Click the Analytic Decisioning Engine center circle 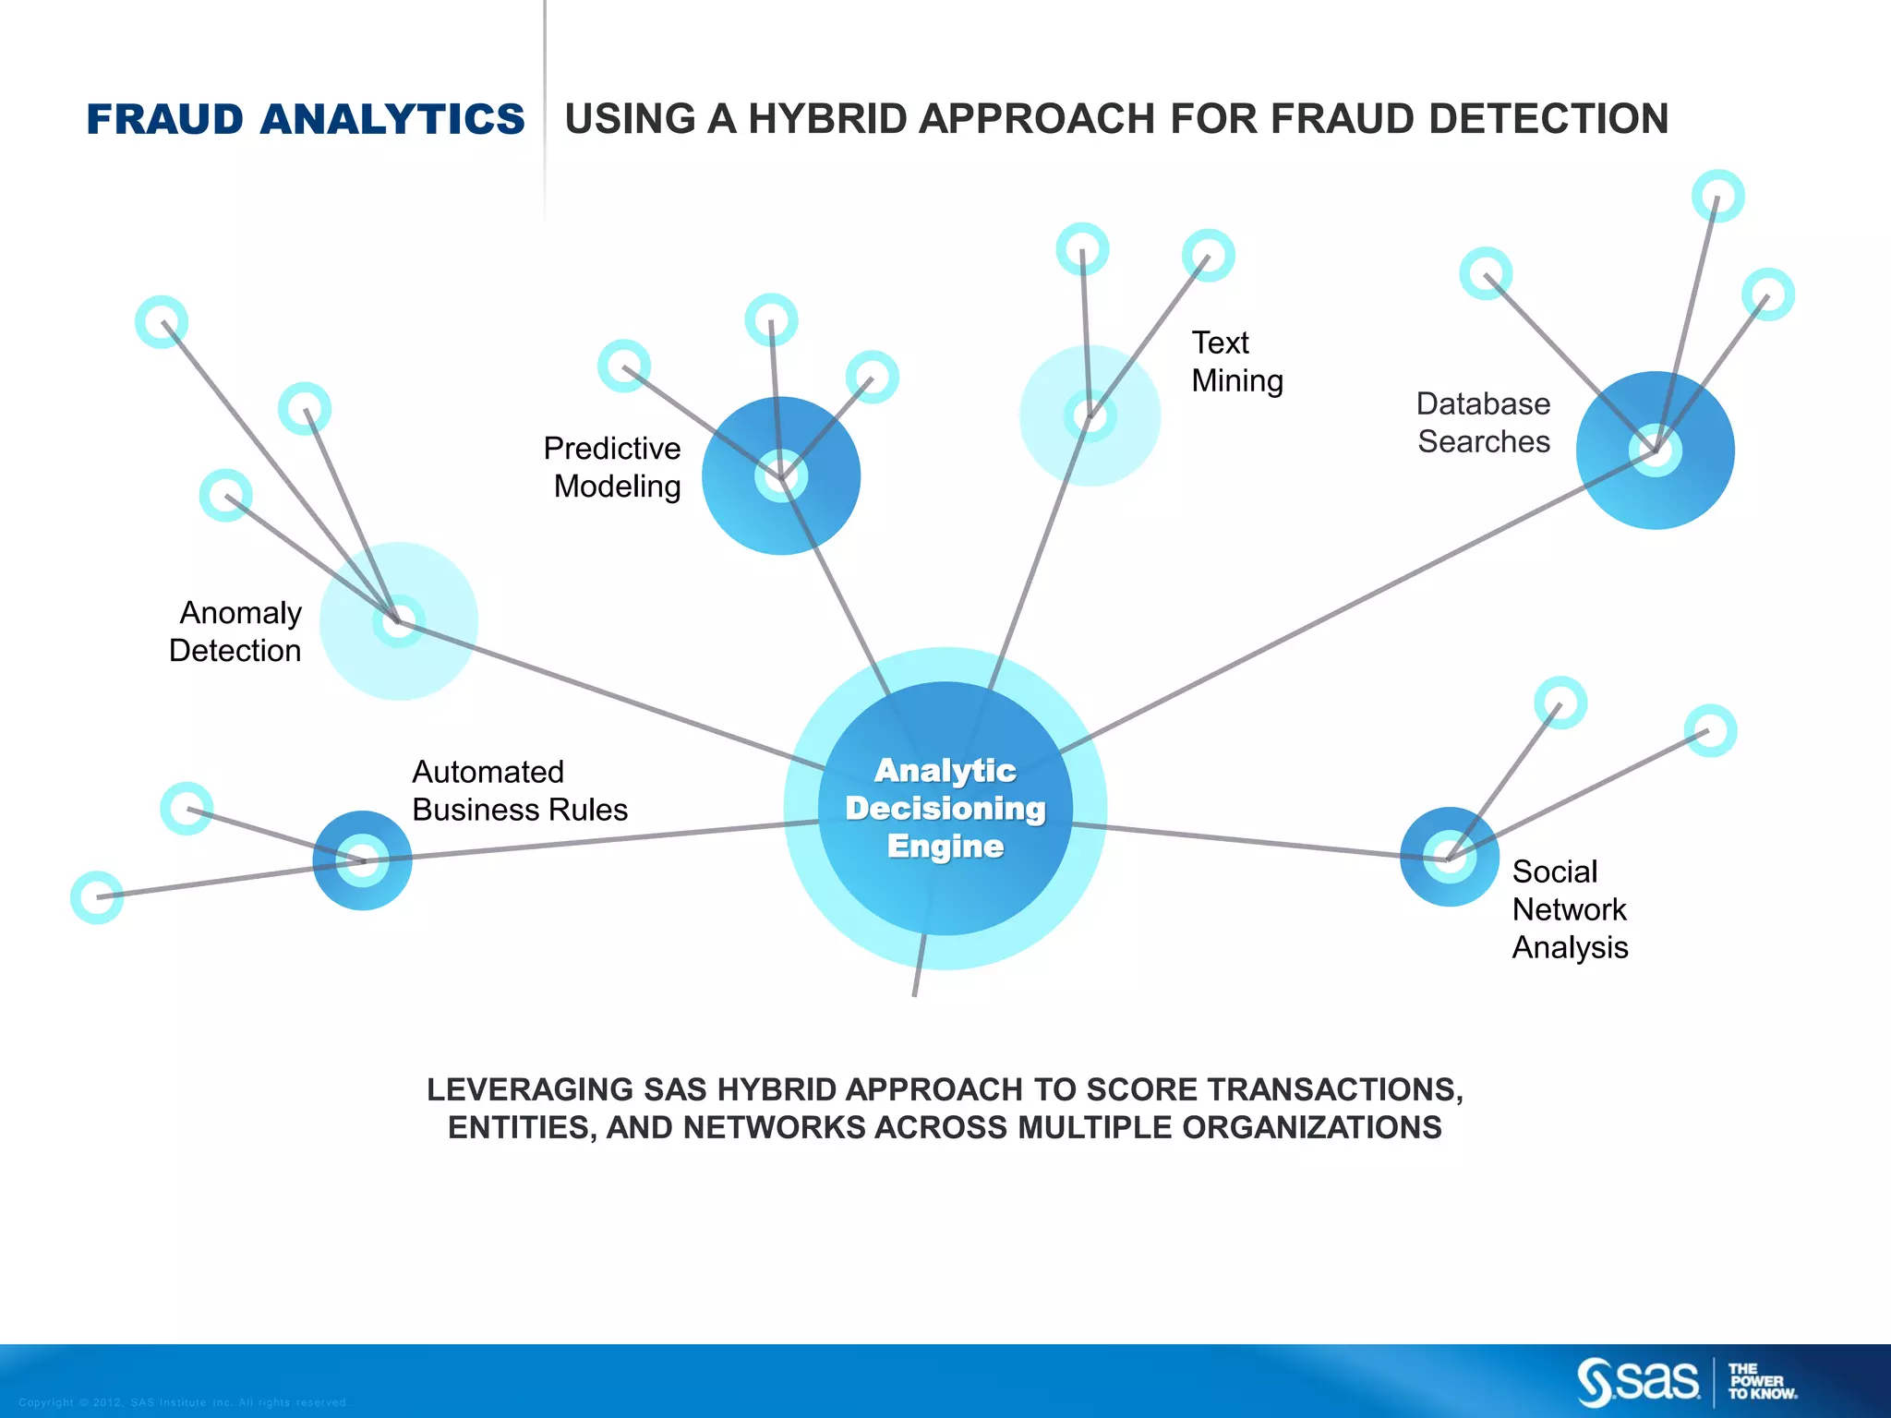click(945, 808)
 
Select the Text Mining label click(1235, 362)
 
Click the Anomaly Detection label click(236, 631)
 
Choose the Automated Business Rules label click(519, 790)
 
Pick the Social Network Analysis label click(1569, 909)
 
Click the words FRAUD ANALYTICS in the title click(306, 119)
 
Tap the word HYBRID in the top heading click(829, 119)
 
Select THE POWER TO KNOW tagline click(1762, 1382)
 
